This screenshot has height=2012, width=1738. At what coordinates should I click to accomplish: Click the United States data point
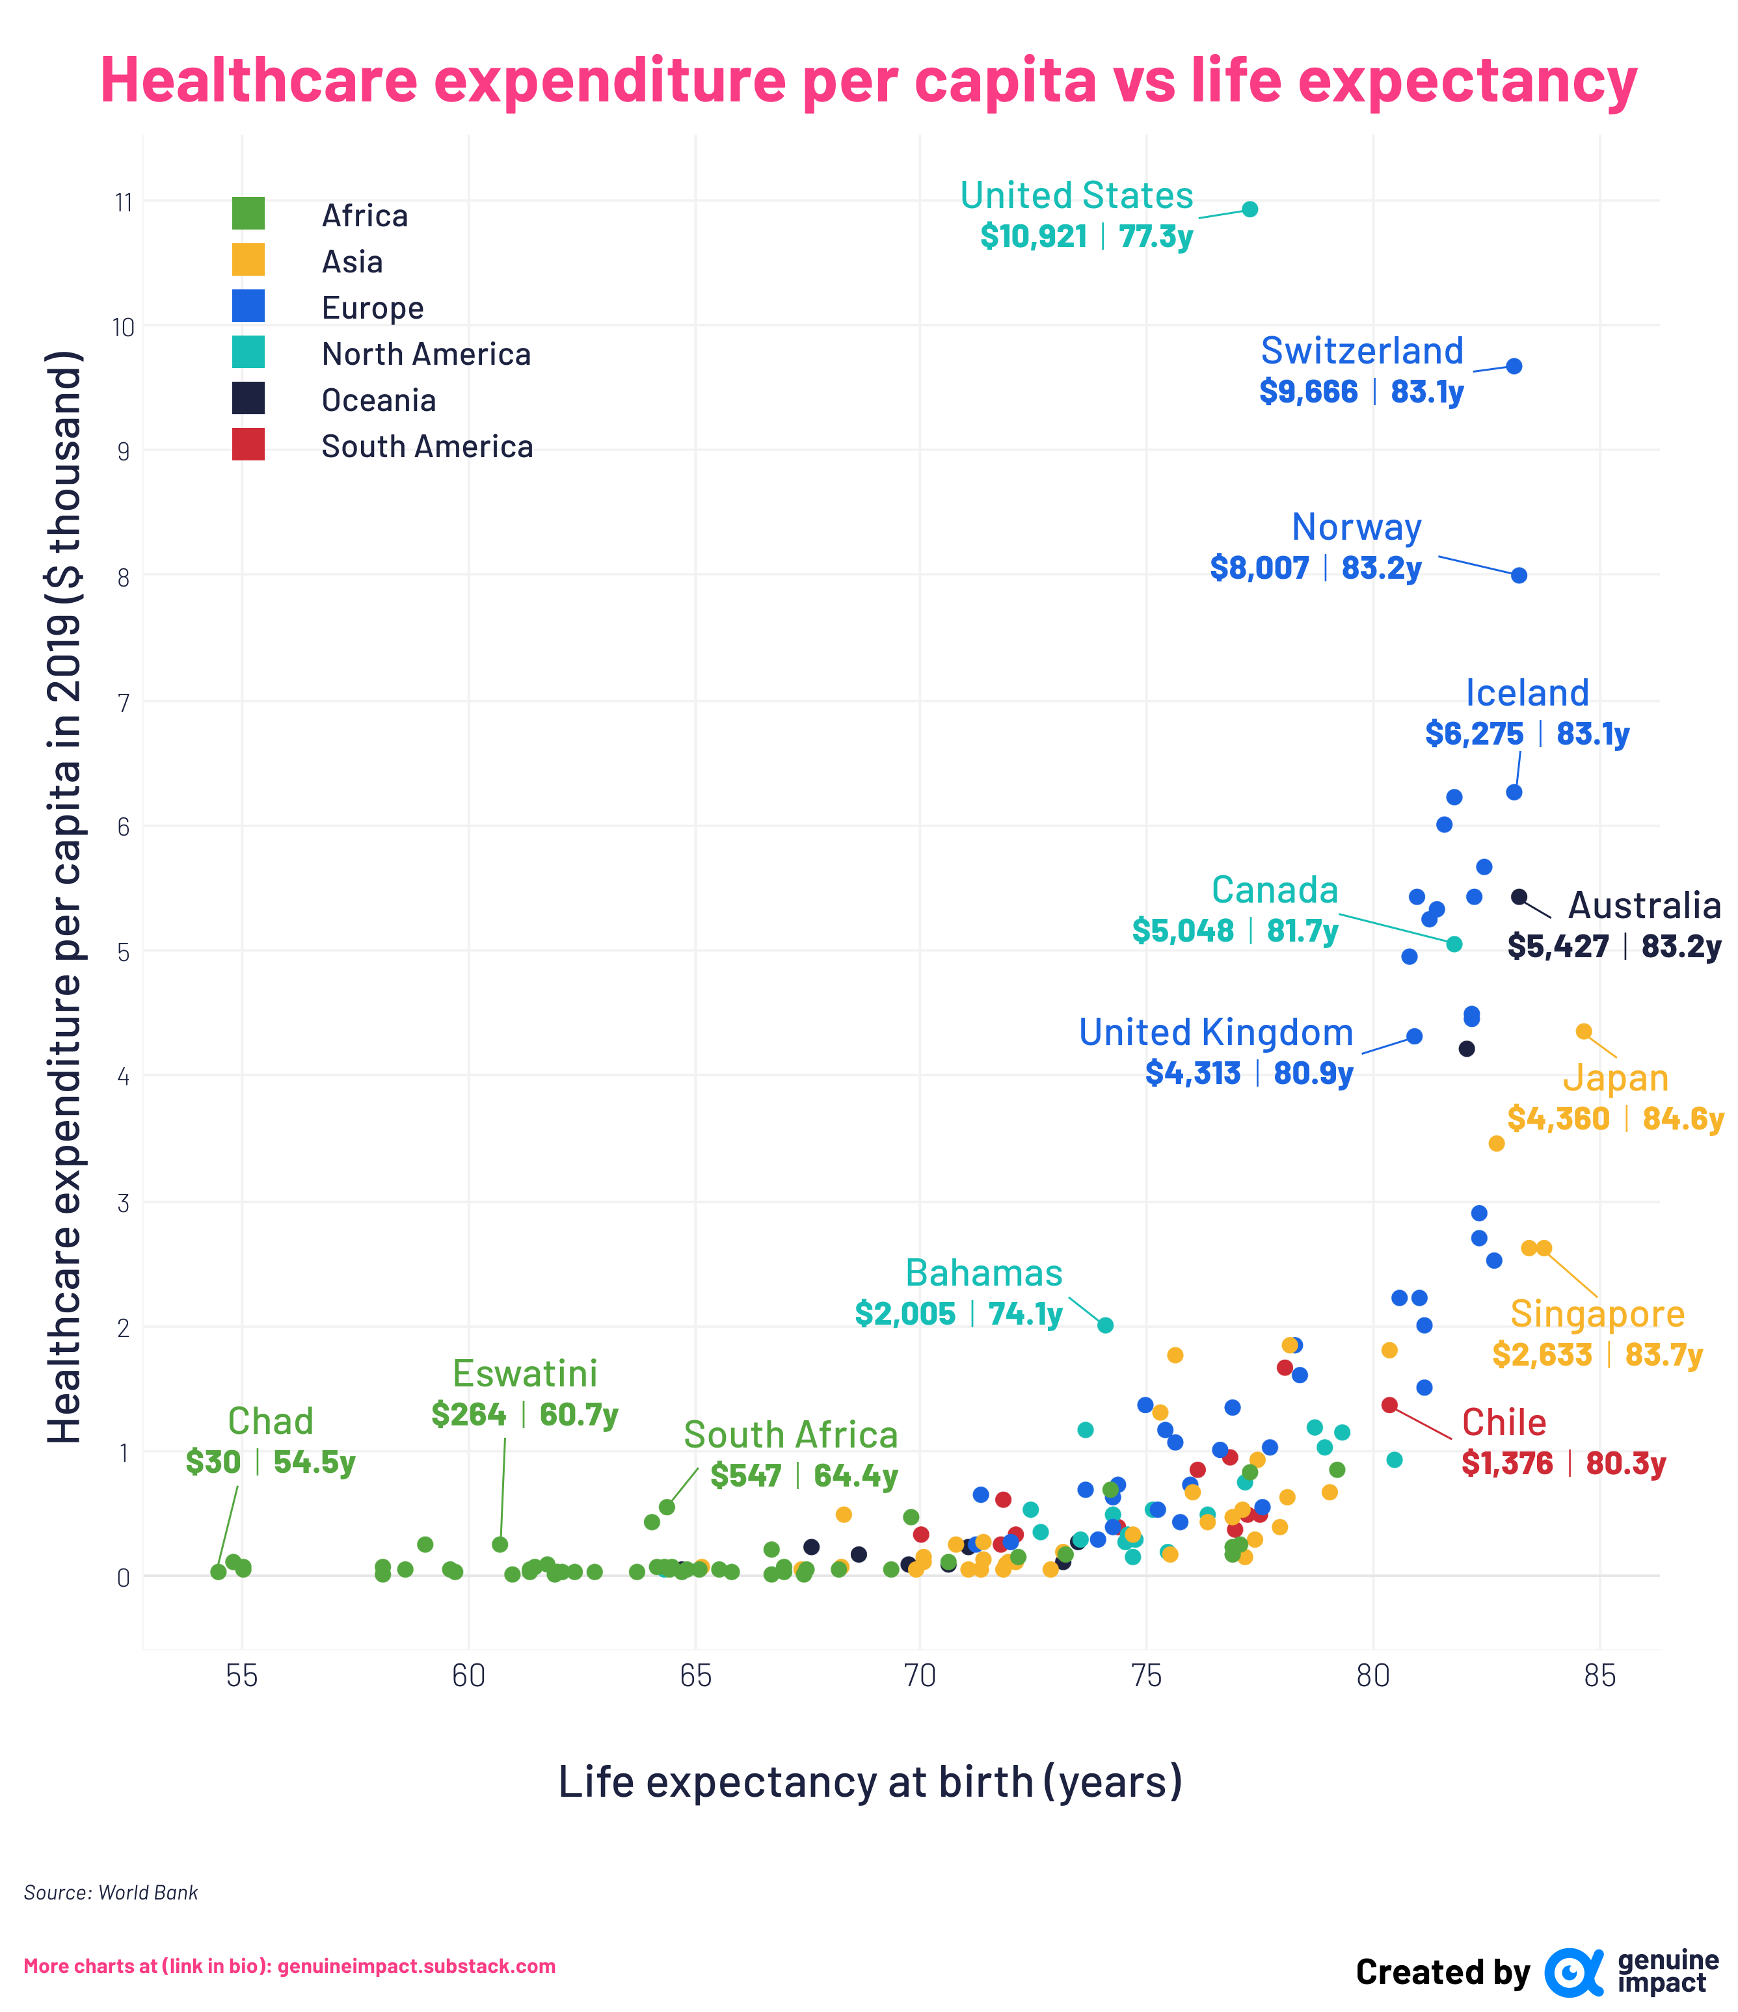click(x=1250, y=209)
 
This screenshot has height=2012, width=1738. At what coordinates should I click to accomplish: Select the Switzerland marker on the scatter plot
click(x=1514, y=366)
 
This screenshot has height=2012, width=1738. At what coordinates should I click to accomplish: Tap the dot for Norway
click(x=1519, y=576)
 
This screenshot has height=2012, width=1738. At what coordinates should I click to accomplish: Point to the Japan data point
click(x=1584, y=1031)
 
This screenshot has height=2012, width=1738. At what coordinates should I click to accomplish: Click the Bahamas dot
click(x=1106, y=1325)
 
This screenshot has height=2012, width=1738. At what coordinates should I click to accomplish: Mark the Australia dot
click(x=1519, y=897)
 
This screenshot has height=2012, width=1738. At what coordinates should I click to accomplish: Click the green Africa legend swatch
click(x=248, y=214)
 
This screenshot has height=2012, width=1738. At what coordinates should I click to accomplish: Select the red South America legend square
click(x=248, y=445)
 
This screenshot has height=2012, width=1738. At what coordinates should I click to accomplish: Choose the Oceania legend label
click(x=379, y=400)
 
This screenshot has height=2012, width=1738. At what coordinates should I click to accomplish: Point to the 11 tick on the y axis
click(x=124, y=203)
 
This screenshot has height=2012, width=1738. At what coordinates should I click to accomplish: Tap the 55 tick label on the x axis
click(x=242, y=1675)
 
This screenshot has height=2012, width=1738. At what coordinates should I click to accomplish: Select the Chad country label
click(x=270, y=1421)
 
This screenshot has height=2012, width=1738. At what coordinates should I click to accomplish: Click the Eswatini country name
click(x=525, y=1373)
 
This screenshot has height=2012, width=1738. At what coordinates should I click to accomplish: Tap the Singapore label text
click(x=1597, y=1313)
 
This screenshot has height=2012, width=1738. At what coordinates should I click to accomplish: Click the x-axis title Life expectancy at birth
click(x=870, y=1782)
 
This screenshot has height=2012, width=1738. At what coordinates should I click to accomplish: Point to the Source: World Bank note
click(x=111, y=1892)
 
